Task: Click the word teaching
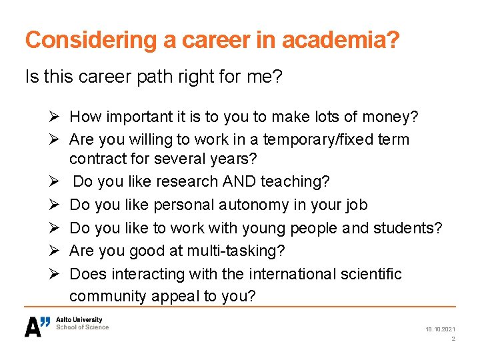tap(297, 182)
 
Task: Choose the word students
tap(407, 227)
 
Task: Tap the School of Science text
tap(82, 327)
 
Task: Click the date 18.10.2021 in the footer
tap(441, 329)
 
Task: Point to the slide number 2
tap(453, 339)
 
